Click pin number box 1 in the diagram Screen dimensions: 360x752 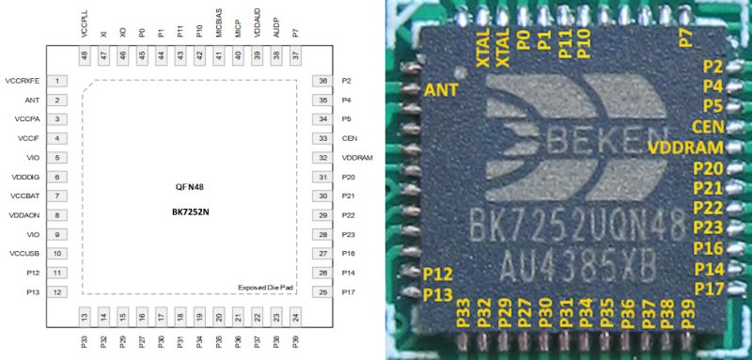[58, 81]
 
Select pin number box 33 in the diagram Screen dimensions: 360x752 [321, 138]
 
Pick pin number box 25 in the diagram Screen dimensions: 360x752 [321, 292]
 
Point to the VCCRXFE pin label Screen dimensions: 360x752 [23, 81]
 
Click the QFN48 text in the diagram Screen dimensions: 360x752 [190, 187]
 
